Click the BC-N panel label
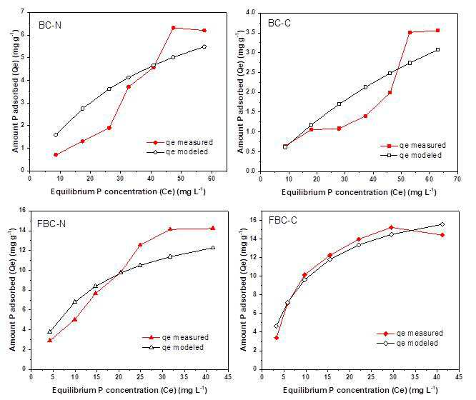point(50,25)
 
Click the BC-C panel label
point(279,24)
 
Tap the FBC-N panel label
point(51,224)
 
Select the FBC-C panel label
point(282,220)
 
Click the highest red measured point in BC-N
point(174,28)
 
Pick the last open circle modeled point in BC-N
point(204,46)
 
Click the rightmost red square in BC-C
point(437,30)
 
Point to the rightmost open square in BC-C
point(437,50)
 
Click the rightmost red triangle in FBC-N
point(213,229)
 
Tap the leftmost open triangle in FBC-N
point(50,331)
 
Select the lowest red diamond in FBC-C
point(277,338)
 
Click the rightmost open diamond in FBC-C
point(442,224)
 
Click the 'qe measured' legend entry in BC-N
point(179,142)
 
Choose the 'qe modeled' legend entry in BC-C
point(411,156)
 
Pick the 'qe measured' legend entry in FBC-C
point(410,334)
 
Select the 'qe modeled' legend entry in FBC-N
point(173,347)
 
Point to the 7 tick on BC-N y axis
point(22,12)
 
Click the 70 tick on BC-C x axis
point(457,179)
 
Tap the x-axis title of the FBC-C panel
point(360,390)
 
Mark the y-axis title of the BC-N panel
point(15,91)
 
